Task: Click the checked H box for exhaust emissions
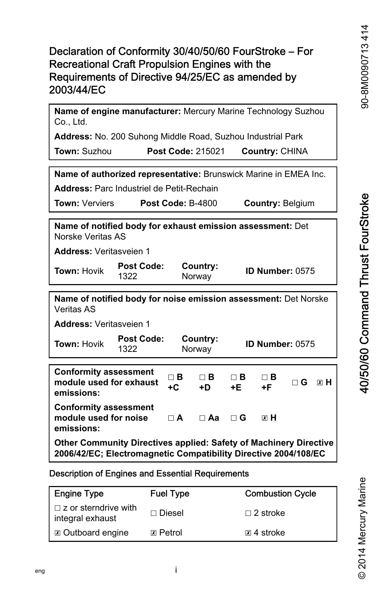tap(319, 383)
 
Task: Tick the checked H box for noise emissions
tap(265, 418)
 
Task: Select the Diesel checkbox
tap(153, 513)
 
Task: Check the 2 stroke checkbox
tap(248, 513)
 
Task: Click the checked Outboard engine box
tap(58, 533)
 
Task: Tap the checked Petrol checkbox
tap(153, 533)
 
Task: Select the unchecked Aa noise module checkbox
tap(202, 418)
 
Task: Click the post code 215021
tap(210, 151)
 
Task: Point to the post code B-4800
tap(203, 203)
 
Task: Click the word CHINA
tap(294, 151)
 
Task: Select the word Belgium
tap(298, 203)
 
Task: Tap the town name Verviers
tap(98, 203)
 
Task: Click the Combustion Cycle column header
tap(280, 494)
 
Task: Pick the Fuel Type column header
tap(170, 494)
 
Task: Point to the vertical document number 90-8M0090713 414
tap(365, 67)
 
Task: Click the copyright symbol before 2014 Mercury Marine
tap(362, 575)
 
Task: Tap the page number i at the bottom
tap(176, 570)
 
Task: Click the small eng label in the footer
tap(40, 571)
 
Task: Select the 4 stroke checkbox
tap(248, 533)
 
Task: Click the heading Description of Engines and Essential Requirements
tap(149, 474)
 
